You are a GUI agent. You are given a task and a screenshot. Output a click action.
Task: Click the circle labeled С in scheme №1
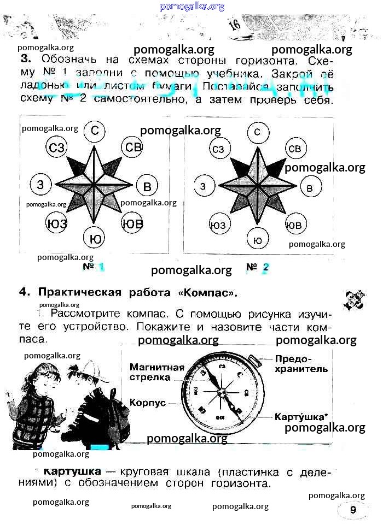coord(95,131)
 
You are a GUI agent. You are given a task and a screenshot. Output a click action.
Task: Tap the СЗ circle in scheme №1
coord(57,147)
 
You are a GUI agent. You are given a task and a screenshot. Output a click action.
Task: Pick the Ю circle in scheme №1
coord(95,239)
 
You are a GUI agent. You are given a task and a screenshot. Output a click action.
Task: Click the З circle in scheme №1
coord(40,185)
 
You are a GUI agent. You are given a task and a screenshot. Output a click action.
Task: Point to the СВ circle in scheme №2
coord(294,149)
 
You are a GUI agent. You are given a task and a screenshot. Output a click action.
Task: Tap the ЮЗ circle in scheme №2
coord(218,225)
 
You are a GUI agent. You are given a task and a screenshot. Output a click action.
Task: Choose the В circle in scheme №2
coord(310,188)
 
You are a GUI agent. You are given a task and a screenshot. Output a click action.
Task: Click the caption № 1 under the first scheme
coord(94,267)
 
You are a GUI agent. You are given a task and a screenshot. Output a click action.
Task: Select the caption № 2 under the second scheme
coord(258,267)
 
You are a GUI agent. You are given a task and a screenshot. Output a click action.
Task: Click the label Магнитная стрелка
coord(157,371)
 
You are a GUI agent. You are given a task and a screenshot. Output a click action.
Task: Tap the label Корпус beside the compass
coord(147,402)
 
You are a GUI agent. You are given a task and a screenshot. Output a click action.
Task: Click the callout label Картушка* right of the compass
coord(301,416)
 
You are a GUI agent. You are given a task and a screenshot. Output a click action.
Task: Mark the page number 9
coord(353,510)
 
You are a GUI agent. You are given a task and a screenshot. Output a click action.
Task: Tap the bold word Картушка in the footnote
coord(71,471)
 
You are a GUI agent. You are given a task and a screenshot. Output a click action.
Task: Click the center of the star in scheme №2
coord(257,185)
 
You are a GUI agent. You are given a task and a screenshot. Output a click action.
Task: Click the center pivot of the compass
coord(220,391)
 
